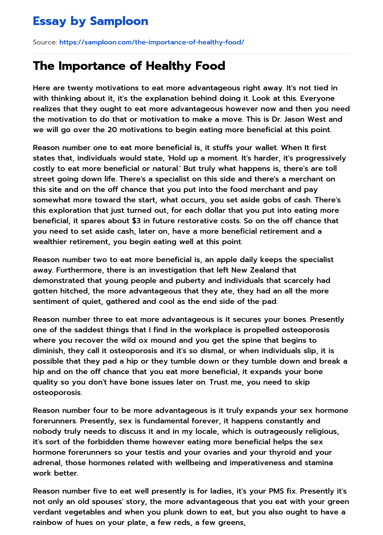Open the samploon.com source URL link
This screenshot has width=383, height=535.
tap(151, 42)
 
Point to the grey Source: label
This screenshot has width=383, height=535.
tap(45, 42)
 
